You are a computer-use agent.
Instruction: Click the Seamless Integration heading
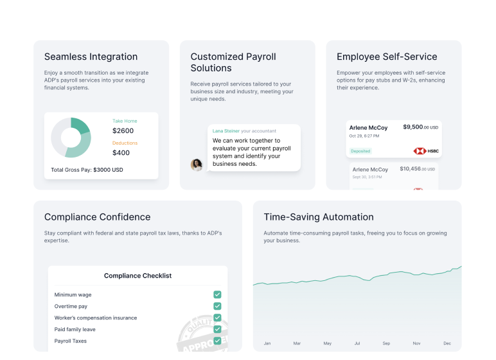(91, 57)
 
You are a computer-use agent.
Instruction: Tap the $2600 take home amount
(123, 130)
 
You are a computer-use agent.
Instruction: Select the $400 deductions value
(121, 152)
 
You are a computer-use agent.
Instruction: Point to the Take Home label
(125, 121)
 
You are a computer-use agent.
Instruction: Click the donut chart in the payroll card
(71, 138)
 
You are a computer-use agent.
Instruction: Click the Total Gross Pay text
(87, 170)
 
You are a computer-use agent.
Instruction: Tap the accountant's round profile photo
(197, 165)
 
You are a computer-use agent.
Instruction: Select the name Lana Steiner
(226, 130)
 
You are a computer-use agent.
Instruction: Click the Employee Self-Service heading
(387, 57)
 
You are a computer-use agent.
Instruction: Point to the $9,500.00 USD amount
(420, 127)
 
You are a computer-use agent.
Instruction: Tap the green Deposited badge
(360, 151)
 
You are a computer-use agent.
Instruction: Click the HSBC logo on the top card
(426, 151)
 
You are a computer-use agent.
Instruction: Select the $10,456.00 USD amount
(418, 169)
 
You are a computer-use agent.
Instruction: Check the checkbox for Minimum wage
(217, 294)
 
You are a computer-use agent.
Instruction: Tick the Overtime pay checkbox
(217, 306)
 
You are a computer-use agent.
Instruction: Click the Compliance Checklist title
(137, 276)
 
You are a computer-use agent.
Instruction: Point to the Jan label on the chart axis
(267, 343)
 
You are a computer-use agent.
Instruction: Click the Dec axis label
(447, 343)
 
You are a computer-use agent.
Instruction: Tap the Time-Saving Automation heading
(318, 217)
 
